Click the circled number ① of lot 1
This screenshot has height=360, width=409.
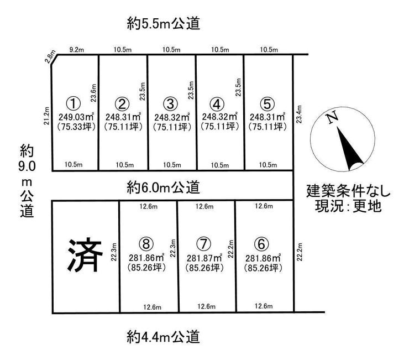[74, 103]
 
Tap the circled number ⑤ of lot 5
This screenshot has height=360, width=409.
[268, 103]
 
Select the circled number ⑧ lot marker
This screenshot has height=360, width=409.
[146, 244]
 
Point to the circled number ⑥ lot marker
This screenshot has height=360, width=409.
[261, 244]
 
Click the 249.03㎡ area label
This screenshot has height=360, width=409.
[76, 117]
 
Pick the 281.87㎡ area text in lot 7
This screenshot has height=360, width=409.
[204, 258]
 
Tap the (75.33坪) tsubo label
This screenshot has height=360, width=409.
[76, 127]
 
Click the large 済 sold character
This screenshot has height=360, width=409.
[85, 255]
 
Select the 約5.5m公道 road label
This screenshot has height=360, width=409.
[164, 23]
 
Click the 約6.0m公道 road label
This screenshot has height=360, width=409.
[164, 187]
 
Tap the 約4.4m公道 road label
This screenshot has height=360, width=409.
[164, 337]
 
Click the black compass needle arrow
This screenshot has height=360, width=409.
[349, 148]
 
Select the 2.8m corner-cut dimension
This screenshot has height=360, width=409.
[50, 56]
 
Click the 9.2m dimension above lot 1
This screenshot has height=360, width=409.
[77, 50]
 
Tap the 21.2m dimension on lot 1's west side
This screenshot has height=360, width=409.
[46, 116]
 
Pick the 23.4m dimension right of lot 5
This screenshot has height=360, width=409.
[299, 114]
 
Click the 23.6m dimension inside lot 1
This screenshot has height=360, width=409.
[93, 93]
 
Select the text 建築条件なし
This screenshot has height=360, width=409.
[348, 191]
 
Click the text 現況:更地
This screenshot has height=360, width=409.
[348, 206]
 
